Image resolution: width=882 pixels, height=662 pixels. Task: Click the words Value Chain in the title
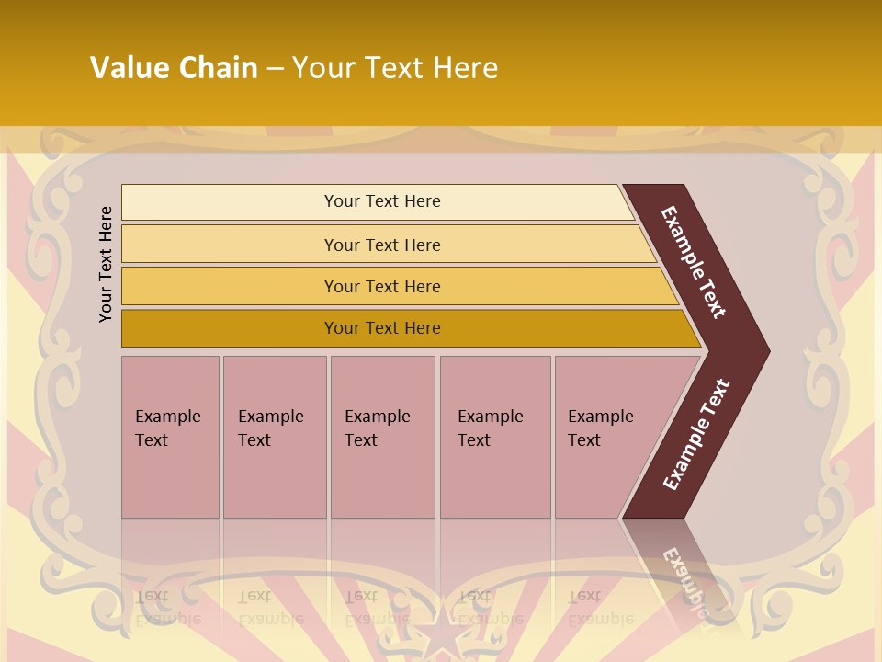(174, 68)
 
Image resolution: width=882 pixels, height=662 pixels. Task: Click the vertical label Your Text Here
(107, 264)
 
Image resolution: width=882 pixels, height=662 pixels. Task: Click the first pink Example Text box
(170, 437)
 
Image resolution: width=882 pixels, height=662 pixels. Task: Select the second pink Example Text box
(274, 437)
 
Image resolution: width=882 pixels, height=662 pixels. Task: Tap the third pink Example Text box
(382, 437)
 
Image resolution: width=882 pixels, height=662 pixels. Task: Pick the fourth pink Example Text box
(494, 437)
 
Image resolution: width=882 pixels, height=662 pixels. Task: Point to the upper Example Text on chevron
(694, 262)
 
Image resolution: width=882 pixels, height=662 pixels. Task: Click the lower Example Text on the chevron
(696, 435)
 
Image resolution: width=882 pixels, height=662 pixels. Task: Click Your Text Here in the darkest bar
(382, 328)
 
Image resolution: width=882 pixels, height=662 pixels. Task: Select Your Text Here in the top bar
(382, 201)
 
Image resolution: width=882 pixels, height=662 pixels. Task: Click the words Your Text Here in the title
(395, 68)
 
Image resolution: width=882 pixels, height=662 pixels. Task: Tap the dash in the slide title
(275, 68)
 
